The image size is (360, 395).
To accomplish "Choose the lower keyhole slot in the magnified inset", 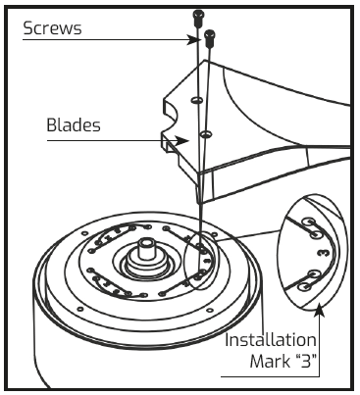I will [312, 274].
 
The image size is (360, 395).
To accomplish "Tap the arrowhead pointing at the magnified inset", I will [320, 310].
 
